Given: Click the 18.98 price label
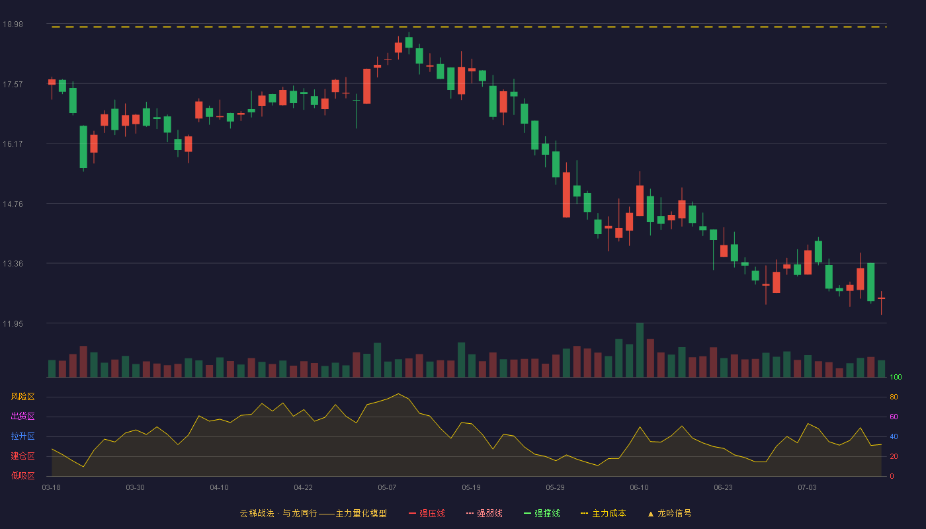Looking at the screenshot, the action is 13,24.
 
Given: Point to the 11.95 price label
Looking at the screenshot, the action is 13,323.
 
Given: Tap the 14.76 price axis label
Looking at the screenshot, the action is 13,204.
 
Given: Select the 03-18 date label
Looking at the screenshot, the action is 52,488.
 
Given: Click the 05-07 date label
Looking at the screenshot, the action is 387,488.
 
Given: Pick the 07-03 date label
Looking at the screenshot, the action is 807,488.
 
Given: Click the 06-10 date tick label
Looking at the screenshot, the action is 639,488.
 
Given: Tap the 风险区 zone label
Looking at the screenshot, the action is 22,397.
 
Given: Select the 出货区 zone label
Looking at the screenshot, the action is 22,416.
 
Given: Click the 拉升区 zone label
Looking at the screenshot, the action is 22,436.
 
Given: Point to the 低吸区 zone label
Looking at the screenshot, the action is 22,475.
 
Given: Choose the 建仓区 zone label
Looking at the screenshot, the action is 22,456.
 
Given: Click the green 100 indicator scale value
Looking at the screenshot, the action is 896,377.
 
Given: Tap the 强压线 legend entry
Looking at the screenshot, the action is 427,513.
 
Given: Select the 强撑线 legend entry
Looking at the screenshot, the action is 542,513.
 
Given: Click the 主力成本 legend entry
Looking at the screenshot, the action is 603,513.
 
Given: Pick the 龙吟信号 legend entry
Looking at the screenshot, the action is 669,513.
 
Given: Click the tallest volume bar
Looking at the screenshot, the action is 640,350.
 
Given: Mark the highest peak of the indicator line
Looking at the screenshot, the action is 398,394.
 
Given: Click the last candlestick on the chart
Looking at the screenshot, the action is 881,298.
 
